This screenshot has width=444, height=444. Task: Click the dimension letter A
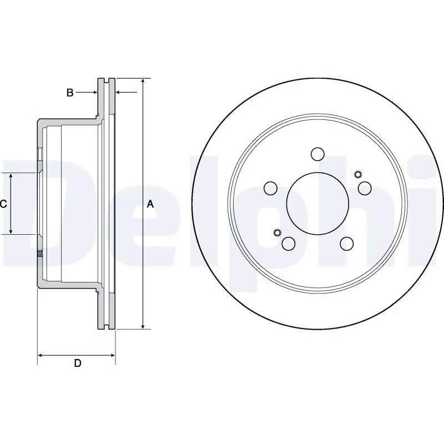[x=150, y=204]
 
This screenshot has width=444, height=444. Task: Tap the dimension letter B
[x=70, y=93]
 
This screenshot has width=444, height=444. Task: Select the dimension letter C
[x=3, y=204]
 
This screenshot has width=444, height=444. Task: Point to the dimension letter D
[x=78, y=364]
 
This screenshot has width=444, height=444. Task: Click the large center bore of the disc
[x=317, y=203]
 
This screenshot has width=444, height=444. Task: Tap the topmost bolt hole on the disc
[x=317, y=153]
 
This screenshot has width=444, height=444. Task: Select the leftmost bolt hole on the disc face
[x=270, y=189]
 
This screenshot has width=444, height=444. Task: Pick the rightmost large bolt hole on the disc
[x=365, y=188]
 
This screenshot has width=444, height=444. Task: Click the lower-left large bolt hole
[x=289, y=243]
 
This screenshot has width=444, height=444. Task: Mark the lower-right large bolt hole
[x=347, y=243]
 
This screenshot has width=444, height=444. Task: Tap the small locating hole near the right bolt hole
[x=357, y=173]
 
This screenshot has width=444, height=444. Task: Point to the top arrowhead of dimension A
[x=143, y=82]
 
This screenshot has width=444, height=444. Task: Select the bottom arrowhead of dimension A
[x=143, y=326]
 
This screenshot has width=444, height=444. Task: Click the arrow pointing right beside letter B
[x=94, y=92]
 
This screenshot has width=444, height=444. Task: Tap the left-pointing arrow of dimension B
[x=119, y=92]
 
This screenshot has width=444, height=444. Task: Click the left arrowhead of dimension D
[x=41, y=354]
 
